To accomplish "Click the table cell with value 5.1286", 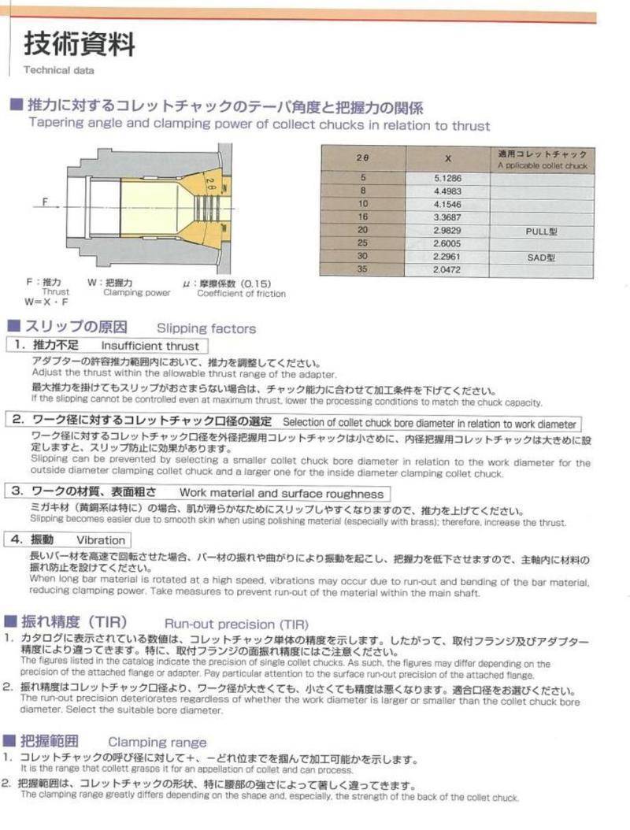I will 447,179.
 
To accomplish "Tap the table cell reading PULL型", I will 541,232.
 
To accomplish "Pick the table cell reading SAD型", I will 541,258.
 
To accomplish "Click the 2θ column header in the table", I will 362,157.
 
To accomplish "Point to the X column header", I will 447,157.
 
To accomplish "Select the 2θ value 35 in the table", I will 362,270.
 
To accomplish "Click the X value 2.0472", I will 447,270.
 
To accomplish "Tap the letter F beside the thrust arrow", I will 46,202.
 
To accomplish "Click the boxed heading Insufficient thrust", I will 150,346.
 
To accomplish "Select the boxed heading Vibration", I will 101,540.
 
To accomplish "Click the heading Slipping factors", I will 206,328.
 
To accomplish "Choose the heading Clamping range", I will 157,742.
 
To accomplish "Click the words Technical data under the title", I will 58,71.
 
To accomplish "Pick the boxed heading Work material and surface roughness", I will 281,494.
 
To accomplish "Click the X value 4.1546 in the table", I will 447,205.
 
